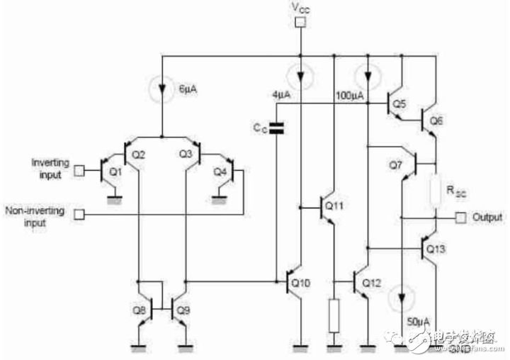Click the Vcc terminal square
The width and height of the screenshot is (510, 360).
pos(300,22)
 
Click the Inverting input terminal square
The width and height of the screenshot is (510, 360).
pos(80,170)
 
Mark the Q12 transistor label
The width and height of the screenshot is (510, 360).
pos(372,283)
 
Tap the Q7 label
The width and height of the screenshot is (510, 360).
pos(395,165)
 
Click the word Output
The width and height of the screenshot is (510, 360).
pos(487,217)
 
